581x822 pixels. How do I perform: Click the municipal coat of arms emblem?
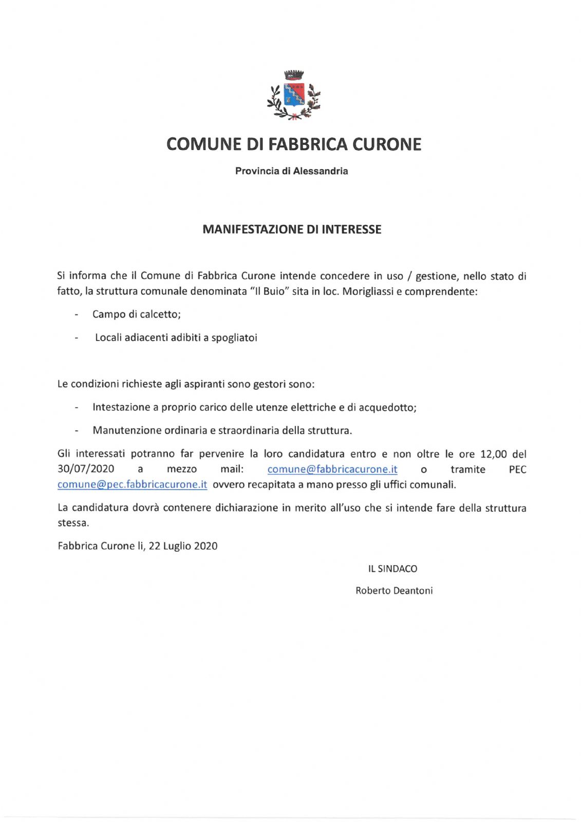(x=294, y=96)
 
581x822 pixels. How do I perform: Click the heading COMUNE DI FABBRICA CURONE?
(x=294, y=144)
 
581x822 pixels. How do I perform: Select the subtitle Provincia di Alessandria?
(x=291, y=171)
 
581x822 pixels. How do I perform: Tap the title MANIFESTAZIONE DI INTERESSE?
(x=292, y=230)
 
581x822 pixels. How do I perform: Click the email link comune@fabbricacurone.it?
(x=332, y=469)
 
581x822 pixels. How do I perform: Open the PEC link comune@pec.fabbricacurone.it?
(x=133, y=484)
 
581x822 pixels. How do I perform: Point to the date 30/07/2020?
(x=86, y=469)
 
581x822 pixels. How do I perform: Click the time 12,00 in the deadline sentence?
(x=493, y=454)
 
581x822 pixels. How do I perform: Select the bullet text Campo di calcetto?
(x=136, y=314)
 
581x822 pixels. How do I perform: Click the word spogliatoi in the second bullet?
(x=234, y=338)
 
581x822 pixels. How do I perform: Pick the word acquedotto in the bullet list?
(x=386, y=407)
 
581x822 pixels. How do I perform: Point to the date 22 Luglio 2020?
(x=183, y=546)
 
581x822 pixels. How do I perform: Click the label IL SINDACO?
(x=392, y=569)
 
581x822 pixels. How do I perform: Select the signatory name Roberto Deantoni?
(x=394, y=591)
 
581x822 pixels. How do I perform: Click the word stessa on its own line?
(x=73, y=524)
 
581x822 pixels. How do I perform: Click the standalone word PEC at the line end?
(x=517, y=469)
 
